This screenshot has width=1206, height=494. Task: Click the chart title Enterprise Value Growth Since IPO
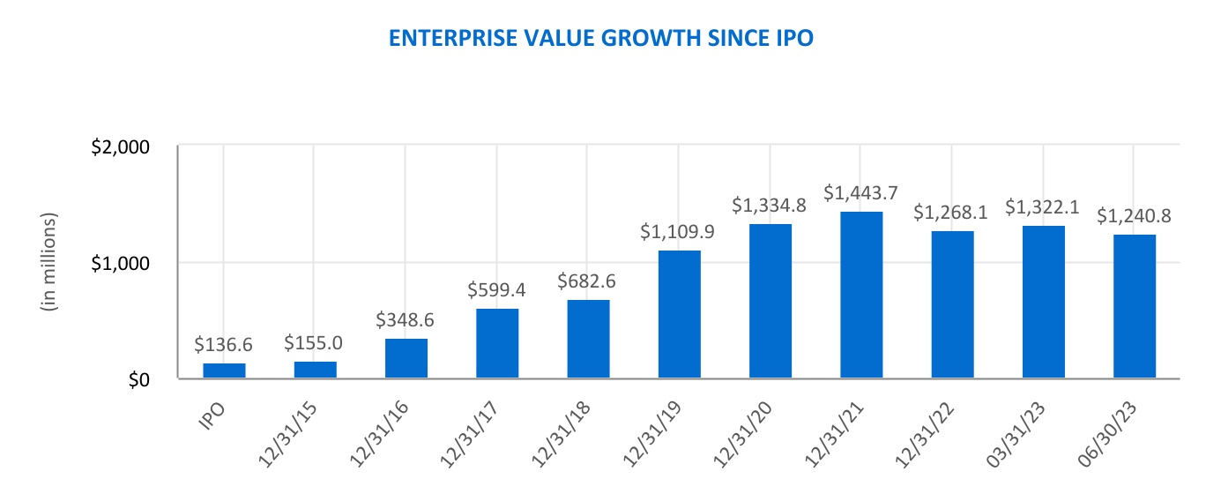(x=602, y=40)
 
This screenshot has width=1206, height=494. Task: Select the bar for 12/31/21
(x=861, y=295)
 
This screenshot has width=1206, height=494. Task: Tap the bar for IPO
(x=224, y=370)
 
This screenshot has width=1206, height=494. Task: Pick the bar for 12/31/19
(x=679, y=314)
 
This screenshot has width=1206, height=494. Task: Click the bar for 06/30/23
(x=1135, y=306)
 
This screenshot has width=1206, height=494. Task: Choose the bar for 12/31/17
(x=497, y=343)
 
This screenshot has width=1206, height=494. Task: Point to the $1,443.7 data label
(x=861, y=192)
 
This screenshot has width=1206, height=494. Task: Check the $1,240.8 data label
(x=1134, y=216)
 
